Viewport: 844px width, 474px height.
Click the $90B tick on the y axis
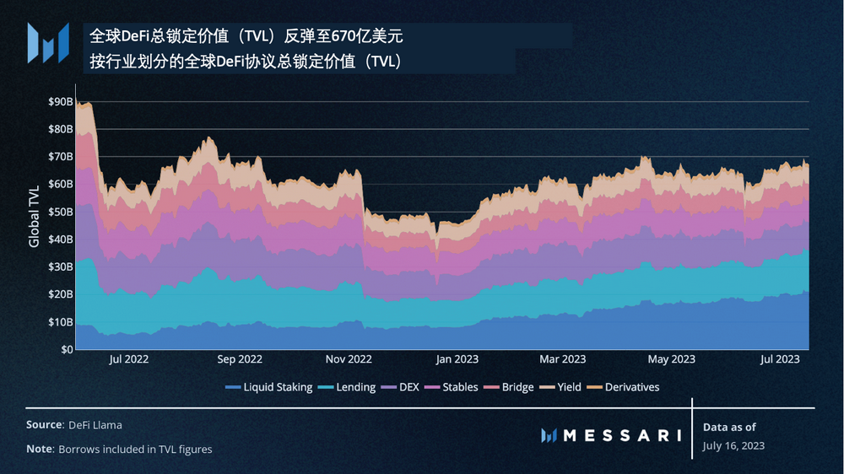[59, 101]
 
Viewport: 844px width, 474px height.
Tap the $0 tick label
[65, 349]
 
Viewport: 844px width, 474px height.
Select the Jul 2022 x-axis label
[129, 359]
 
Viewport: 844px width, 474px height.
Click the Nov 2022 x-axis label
[348, 359]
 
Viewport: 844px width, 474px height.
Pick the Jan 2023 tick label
[457, 359]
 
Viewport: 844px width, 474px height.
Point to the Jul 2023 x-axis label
[781, 359]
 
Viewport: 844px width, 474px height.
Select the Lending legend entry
[349, 387]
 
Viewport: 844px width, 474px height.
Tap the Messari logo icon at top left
[48, 42]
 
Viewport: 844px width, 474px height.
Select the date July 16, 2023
[733, 445]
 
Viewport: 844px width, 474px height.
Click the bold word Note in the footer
[39, 450]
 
